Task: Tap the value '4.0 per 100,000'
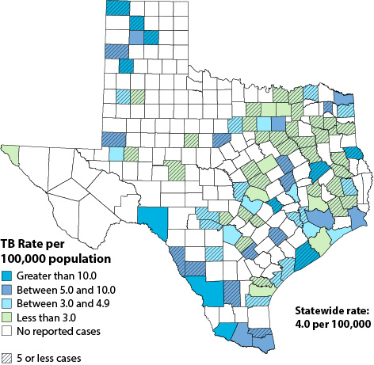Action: tap(333, 324)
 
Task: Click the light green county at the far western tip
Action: tap(11, 150)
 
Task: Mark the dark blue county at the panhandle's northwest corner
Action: tap(116, 7)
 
